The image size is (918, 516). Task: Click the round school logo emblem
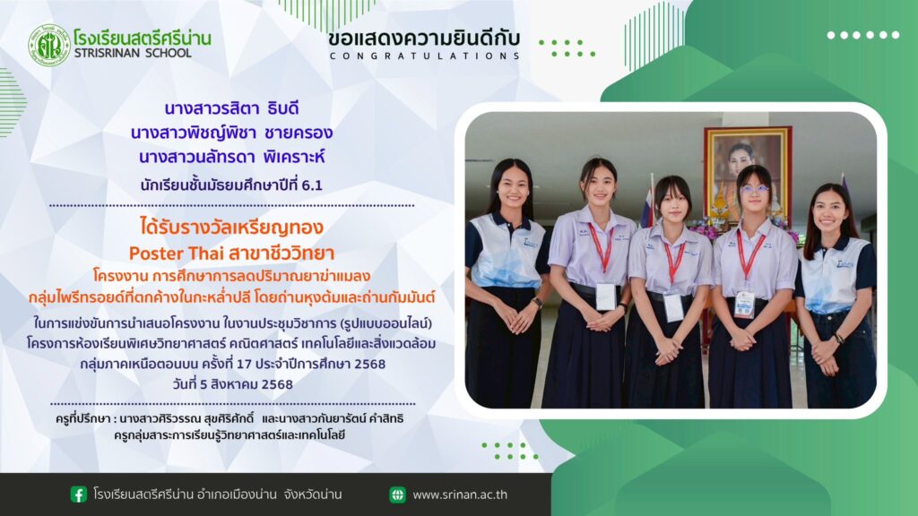(49, 45)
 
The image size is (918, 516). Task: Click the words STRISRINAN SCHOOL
(133, 53)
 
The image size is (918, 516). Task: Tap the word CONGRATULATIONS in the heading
(424, 56)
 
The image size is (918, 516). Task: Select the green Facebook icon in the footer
(79, 494)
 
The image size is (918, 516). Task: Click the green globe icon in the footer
(397, 494)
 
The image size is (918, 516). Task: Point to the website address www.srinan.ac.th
(460, 494)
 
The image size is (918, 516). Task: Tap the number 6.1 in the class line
(312, 185)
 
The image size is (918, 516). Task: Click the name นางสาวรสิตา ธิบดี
(232, 108)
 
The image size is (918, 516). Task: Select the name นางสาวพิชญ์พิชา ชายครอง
(232, 133)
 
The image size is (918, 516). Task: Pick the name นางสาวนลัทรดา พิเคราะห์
(232, 157)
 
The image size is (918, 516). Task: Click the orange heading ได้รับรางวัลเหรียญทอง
(232, 227)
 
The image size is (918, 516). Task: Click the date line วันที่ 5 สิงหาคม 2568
(232, 384)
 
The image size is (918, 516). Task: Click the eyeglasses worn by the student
(754, 190)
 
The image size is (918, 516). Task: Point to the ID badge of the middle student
(673, 306)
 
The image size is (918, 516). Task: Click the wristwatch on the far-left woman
(538, 303)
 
